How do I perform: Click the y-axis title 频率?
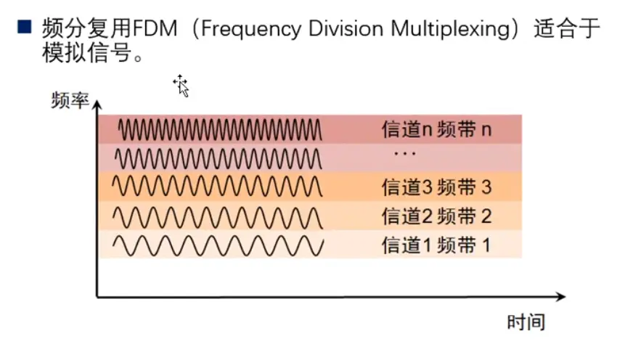pos(70,100)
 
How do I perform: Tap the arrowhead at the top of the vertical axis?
pos(97,106)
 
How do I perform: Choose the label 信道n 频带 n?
pos(436,130)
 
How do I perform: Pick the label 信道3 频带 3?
pos(436,187)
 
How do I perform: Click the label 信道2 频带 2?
pos(436,216)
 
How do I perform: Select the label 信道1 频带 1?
pos(436,245)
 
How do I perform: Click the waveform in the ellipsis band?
pos(218,157)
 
